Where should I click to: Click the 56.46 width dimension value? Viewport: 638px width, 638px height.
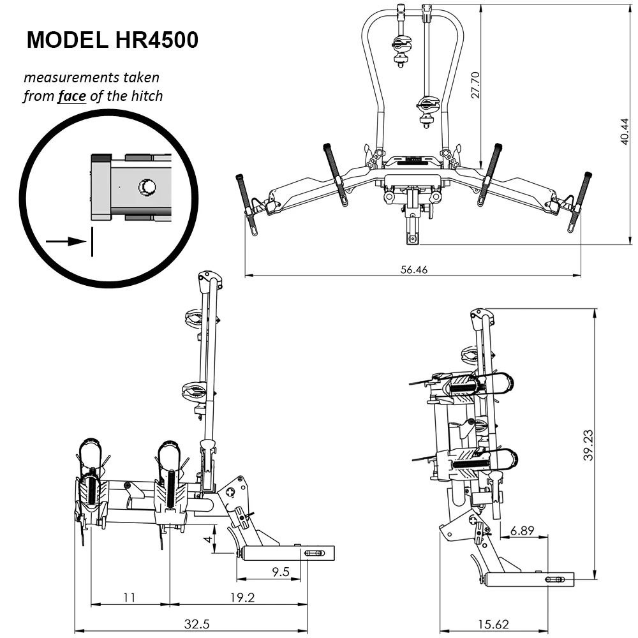[x=413, y=269]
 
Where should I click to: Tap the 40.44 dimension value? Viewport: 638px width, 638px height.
[x=625, y=132]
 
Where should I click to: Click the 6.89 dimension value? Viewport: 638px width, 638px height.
[x=523, y=530]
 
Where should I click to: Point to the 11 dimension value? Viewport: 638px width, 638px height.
[x=130, y=597]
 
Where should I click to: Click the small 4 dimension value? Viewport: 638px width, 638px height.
[x=207, y=539]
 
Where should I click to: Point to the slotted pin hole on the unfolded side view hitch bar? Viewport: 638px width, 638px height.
[x=315, y=553]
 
